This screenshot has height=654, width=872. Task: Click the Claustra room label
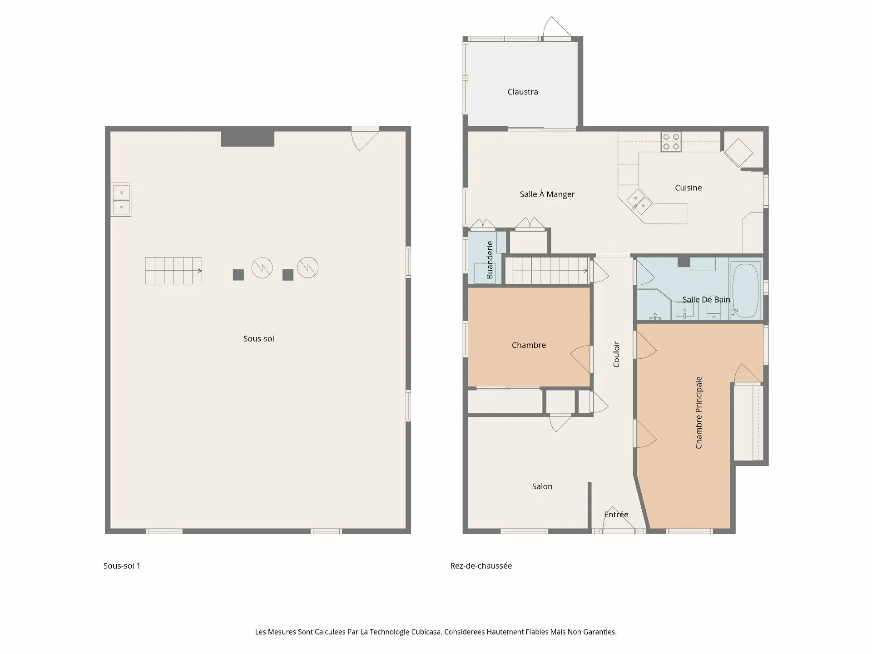point(523,92)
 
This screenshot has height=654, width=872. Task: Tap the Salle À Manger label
point(547,194)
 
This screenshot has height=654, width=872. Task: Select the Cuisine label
point(688,188)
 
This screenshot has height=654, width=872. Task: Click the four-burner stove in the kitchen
point(671,141)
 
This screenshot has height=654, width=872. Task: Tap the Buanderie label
point(490,260)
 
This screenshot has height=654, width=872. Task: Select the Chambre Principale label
point(699,413)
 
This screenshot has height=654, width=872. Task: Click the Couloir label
point(616,354)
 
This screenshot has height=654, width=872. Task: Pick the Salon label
point(542,486)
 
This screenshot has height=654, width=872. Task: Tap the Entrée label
point(616,515)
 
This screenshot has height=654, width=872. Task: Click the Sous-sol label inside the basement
point(258,338)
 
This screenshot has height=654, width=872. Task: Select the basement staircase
point(174,271)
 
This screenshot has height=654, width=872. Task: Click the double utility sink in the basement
point(121,200)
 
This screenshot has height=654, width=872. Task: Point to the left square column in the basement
point(238,275)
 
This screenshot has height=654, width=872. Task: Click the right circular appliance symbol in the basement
point(308,267)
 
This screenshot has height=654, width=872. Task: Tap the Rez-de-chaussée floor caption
point(481,566)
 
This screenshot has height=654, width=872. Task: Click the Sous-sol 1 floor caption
point(122,566)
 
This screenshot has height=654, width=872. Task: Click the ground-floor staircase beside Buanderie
point(547,271)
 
